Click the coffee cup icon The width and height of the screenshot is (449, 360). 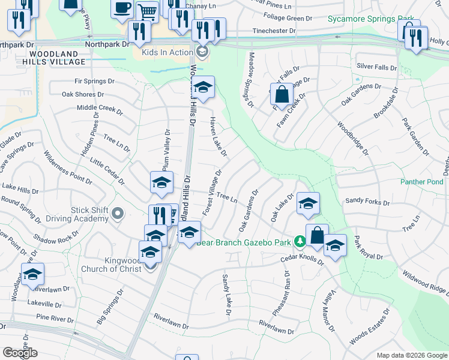[123, 8]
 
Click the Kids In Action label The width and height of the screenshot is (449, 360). [166, 52]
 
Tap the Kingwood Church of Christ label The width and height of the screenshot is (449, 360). [114, 265]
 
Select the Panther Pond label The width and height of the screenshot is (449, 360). [422, 182]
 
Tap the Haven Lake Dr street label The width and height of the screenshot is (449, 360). [218, 137]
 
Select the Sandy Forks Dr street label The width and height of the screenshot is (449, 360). [367, 202]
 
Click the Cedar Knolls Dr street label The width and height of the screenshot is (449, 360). [303, 260]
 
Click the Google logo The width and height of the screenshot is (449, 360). [20, 353]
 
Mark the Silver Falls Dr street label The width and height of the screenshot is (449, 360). [377, 67]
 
